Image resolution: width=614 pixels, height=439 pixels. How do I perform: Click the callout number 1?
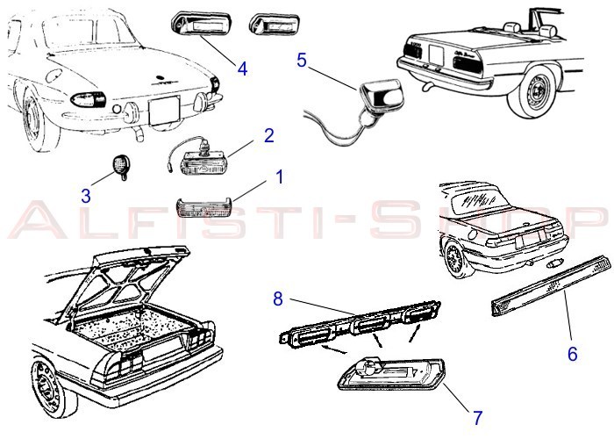tap(279, 176)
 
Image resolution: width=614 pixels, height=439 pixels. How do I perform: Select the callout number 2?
tap(269, 135)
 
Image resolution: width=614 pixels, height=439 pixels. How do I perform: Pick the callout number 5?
tap(301, 61)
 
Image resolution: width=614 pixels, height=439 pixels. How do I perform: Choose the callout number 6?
tap(572, 354)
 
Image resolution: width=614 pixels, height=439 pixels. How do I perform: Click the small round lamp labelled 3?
tap(121, 166)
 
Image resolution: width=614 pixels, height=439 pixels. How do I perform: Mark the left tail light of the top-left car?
tap(86, 99)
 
